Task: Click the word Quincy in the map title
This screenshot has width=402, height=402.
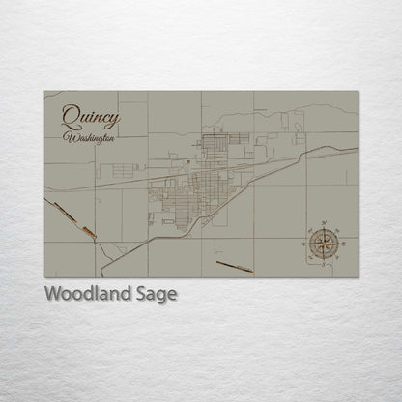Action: tap(93, 118)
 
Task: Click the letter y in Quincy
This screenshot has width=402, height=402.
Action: tap(115, 120)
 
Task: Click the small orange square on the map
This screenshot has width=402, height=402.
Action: tap(188, 162)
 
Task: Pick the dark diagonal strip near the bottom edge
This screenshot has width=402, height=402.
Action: tap(235, 265)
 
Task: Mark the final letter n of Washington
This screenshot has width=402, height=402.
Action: tap(112, 139)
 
